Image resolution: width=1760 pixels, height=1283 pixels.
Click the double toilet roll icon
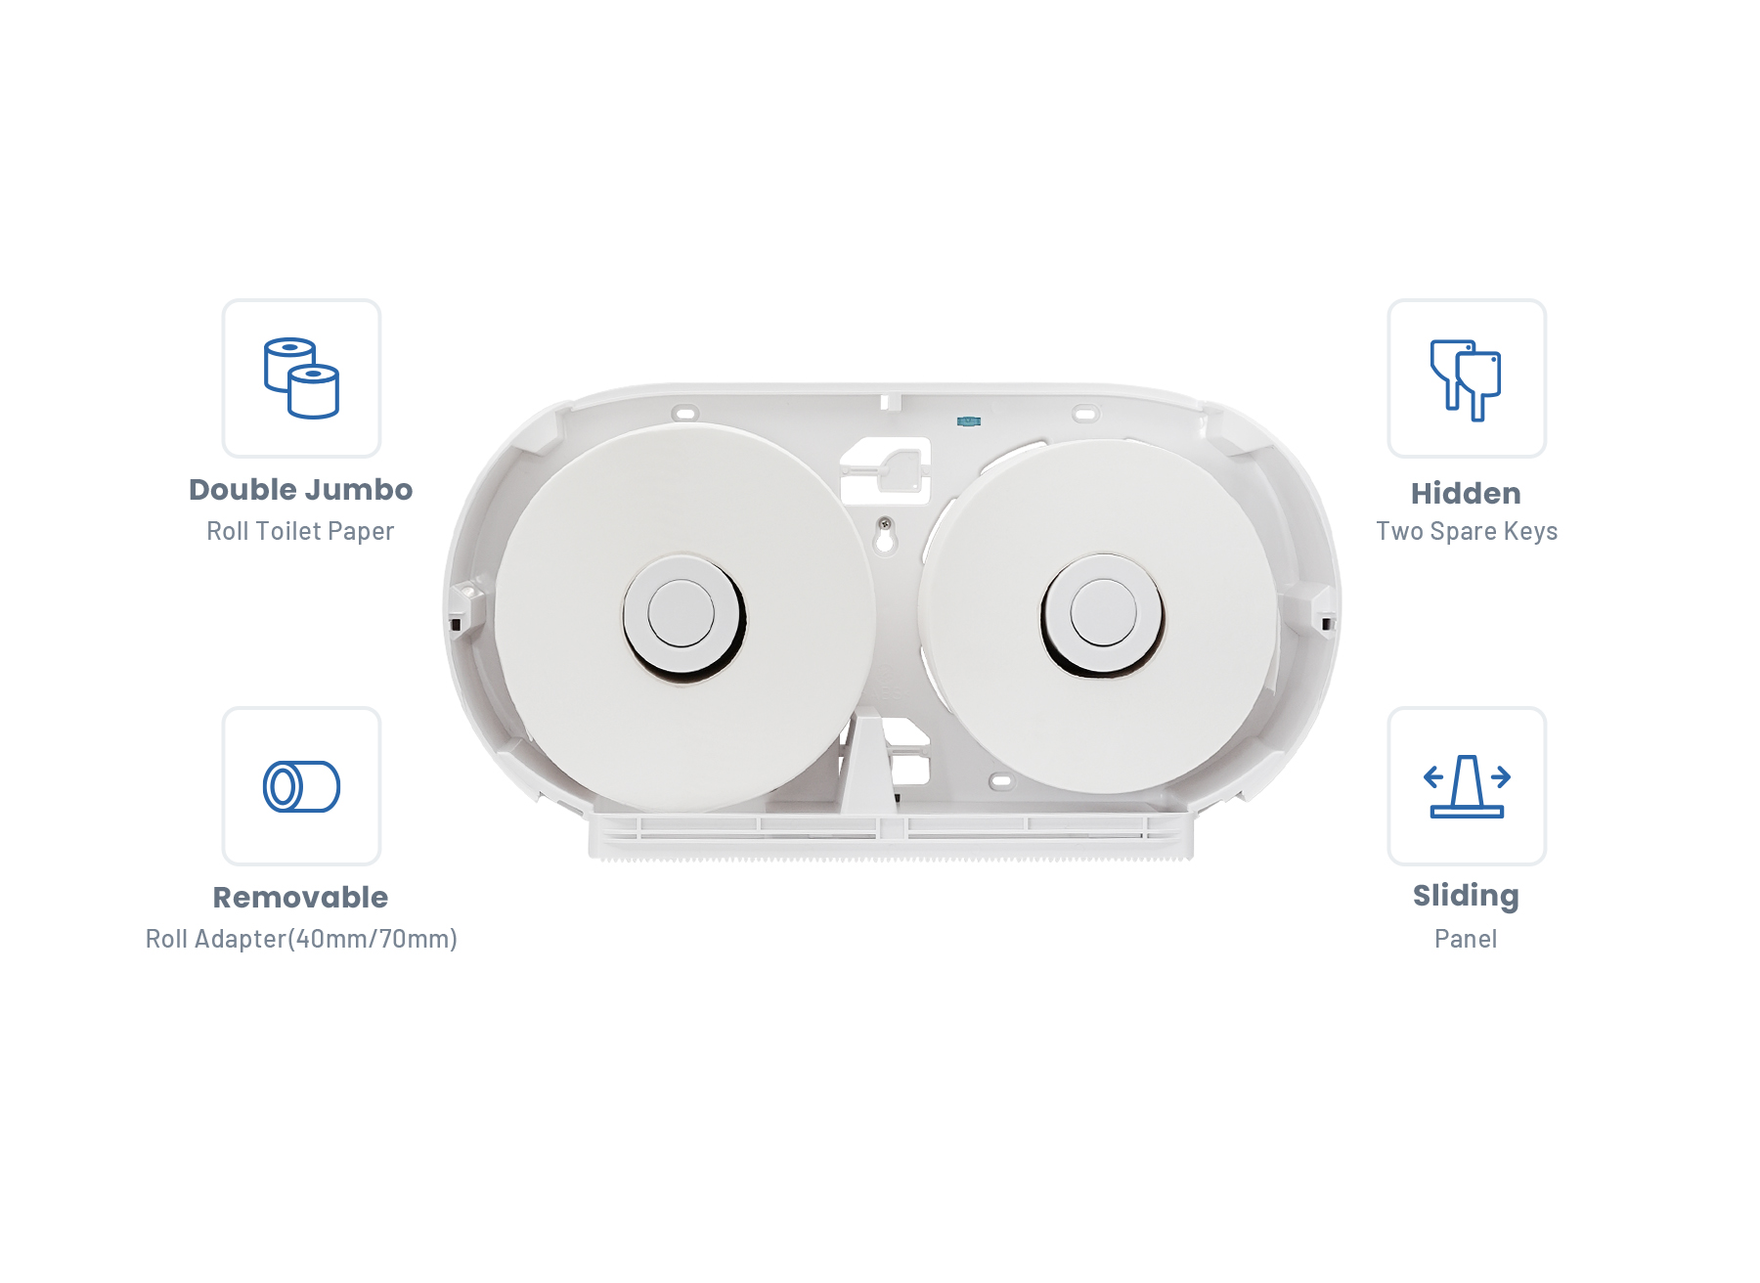(301, 378)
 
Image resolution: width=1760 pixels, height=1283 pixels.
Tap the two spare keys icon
(1466, 380)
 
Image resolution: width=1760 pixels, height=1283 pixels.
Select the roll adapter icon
(301, 786)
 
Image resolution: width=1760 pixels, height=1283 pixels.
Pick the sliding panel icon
(1467, 785)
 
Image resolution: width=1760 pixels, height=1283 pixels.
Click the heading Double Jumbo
(301, 489)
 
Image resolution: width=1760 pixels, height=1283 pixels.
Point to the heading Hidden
(1466, 493)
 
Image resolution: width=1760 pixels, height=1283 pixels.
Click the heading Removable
(301, 897)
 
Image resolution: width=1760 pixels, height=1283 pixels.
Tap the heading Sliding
(1466, 897)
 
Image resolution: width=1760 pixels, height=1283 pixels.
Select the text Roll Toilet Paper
(300, 531)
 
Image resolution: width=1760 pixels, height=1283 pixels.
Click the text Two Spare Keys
(1467, 531)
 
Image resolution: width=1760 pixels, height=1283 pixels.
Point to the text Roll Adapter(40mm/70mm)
(301, 939)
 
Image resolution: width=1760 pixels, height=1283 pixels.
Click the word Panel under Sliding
(1466, 939)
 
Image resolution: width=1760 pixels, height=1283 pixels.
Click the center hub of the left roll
(682, 614)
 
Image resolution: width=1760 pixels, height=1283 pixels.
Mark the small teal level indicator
(968, 421)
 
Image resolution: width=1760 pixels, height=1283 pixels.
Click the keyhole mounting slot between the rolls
(885, 534)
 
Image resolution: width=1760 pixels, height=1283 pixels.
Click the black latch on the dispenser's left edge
(456, 624)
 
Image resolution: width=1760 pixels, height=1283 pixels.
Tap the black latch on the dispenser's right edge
(1327, 623)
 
